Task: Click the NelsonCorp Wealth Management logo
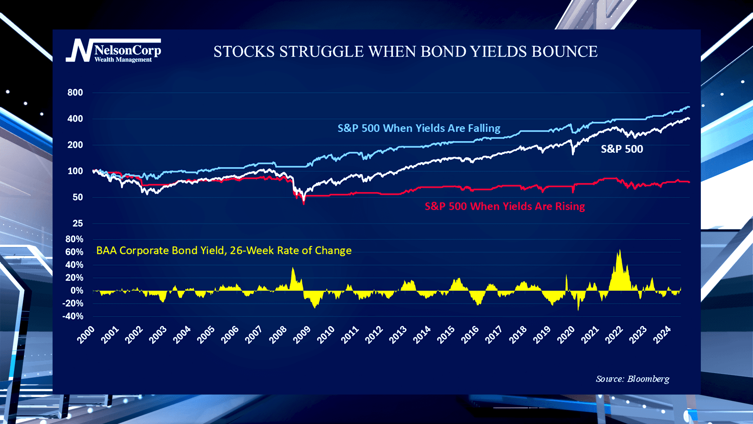pyautogui.click(x=113, y=51)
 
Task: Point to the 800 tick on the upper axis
pyautogui.click(x=75, y=93)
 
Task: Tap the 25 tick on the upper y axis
pyautogui.click(x=78, y=223)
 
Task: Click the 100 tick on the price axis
pyautogui.click(x=75, y=171)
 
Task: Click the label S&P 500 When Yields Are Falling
pyautogui.click(x=418, y=128)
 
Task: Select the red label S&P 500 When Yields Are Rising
pyautogui.click(x=504, y=207)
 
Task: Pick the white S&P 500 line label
pyautogui.click(x=622, y=149)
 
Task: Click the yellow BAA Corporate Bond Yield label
pyautogui.click(x=224, y=250)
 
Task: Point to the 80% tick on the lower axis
pyautogui.click(x=74, y=239)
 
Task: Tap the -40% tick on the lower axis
pyautogui.click(x=73, y=316)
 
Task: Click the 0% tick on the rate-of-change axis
pyautogui.click(x=77, y=291)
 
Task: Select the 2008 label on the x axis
pyautogui.click(x=278, y=335)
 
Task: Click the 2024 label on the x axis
pyautogui.click(x=662, y=335)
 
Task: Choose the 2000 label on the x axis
pyautogui.click(x=86, y=335)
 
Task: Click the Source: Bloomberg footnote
pyautogui.click(x=632, y=379)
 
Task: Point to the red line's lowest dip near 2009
pyautogui.click(x=304, y=203)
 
